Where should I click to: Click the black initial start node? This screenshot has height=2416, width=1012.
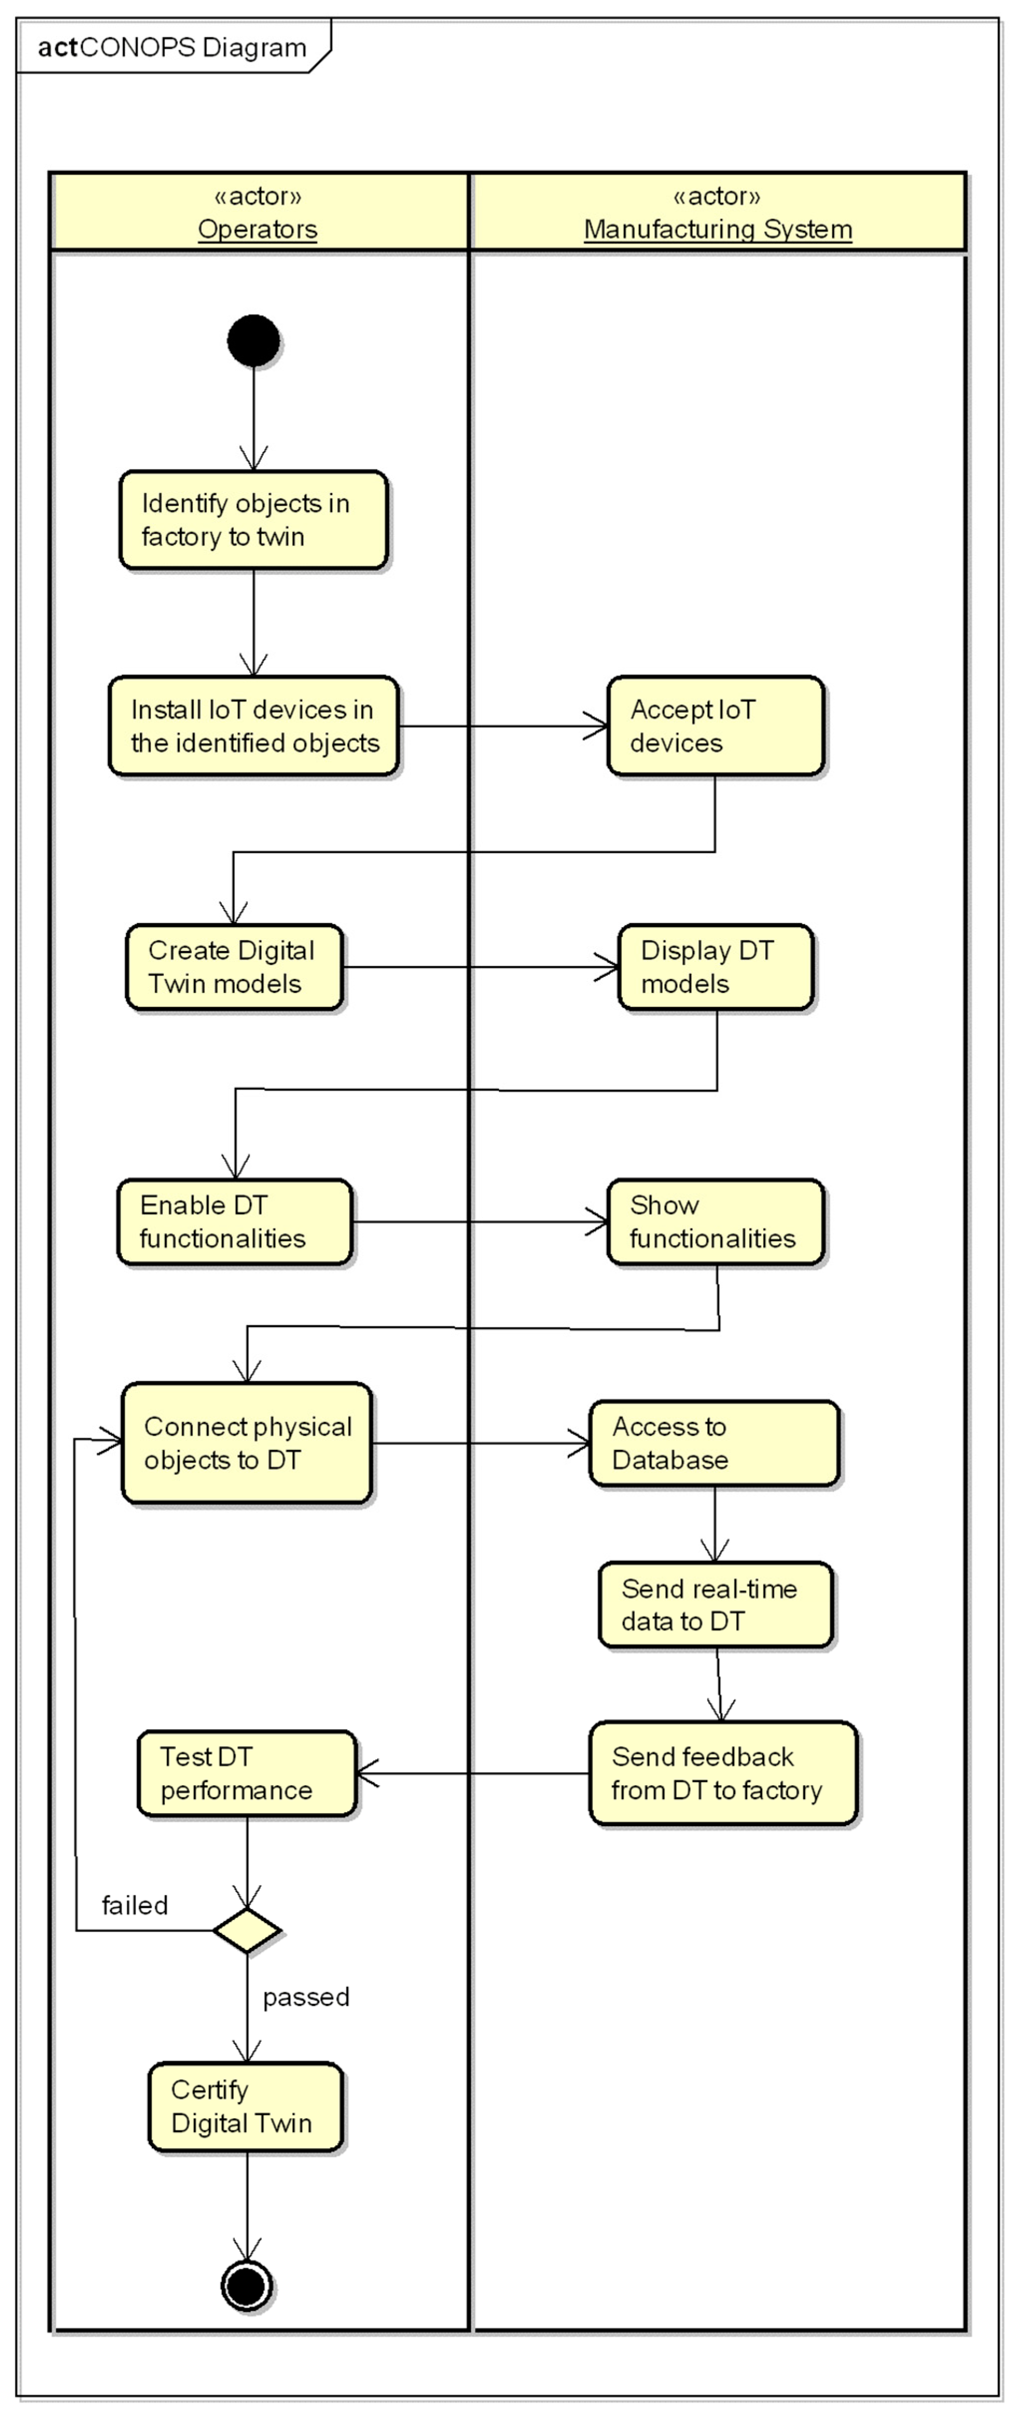click(253, 340)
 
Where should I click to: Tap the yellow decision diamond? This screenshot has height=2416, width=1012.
click(247, 1930)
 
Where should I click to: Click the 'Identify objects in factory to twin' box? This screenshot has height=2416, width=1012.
click(253, 519)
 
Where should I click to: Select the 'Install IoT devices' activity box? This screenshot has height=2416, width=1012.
click(253, 726)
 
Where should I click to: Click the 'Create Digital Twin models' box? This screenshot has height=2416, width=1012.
click(234, 967)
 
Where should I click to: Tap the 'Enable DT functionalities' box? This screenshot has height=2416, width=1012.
click(234, 1221)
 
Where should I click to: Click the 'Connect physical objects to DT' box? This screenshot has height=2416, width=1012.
click(247, 1443)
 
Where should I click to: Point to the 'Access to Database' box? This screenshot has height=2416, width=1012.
click(714, 1443)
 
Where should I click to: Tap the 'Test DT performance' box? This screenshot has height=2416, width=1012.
click(247, 1773)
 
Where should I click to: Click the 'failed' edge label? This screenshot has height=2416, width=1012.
click(134, 1905)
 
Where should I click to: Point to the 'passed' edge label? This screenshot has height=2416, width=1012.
click(306, 1997)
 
